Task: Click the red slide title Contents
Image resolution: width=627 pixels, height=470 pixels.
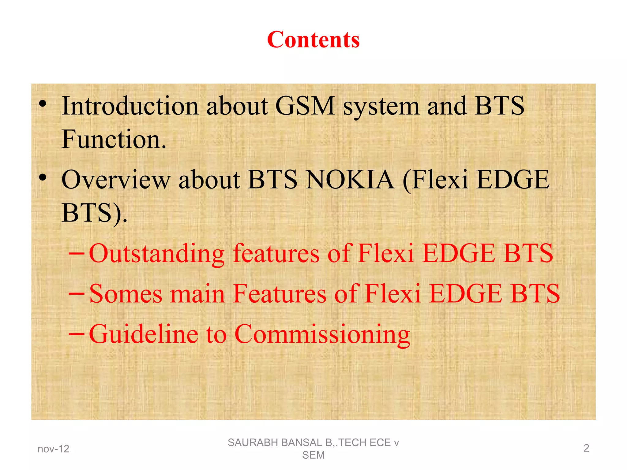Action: point(313,40)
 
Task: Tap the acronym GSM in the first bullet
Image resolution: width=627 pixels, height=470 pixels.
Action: point(305,106)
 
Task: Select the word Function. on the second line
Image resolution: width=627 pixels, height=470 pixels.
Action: point(114,140)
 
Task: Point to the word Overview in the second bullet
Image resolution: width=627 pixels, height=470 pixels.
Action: point(116,180)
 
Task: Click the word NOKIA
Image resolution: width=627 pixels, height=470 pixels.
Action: point(350,180)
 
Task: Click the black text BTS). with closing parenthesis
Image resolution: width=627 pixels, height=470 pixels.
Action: point(94,213)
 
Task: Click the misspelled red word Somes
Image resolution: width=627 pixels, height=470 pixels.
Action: point(126,294)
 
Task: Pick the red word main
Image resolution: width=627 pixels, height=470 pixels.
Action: point(197,294)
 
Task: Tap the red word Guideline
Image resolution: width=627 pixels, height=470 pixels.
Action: point(143,334)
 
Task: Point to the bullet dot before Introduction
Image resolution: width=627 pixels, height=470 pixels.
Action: point(43,105)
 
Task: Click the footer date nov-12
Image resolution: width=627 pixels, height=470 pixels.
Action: point(53,449)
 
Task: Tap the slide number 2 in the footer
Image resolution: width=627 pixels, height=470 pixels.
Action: point(586,448)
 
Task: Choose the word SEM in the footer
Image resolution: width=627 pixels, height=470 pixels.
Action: point(313,455)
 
